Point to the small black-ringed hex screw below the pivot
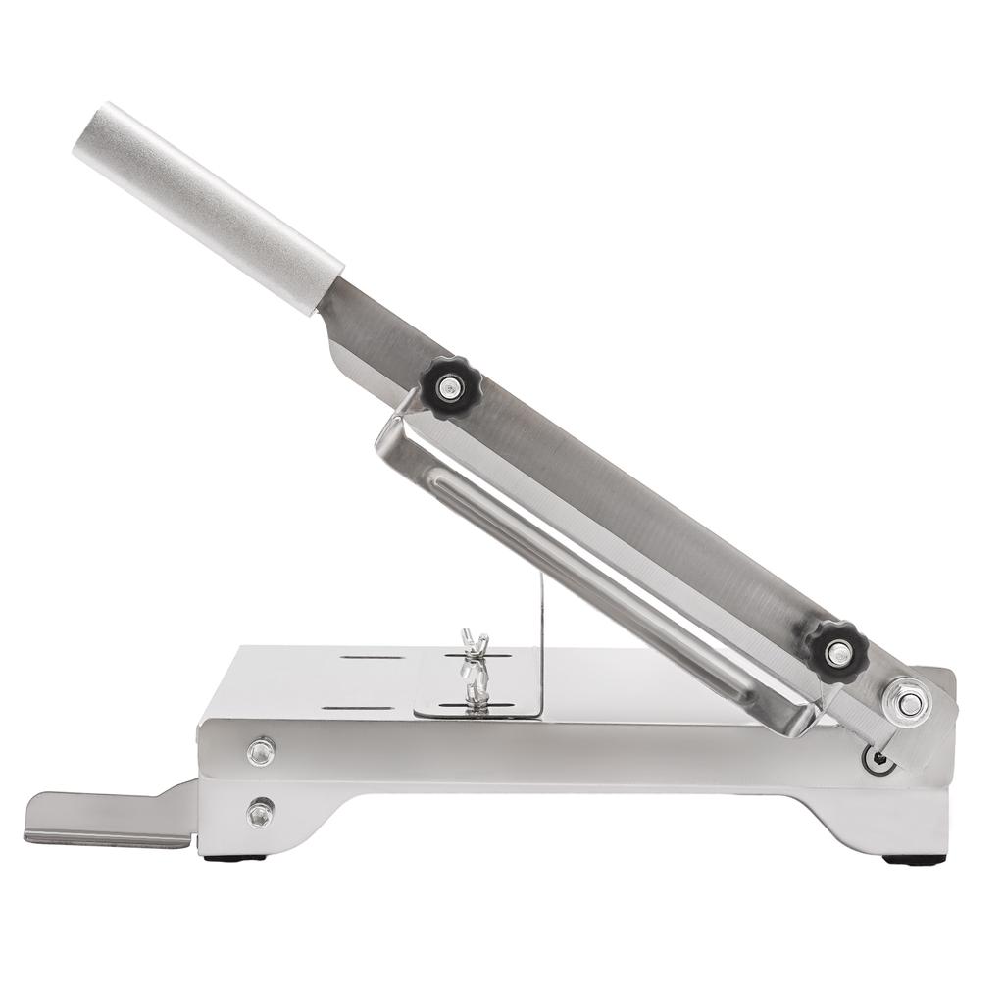point(876,757)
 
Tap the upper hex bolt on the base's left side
point(260,752)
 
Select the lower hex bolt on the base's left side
point(260,813)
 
